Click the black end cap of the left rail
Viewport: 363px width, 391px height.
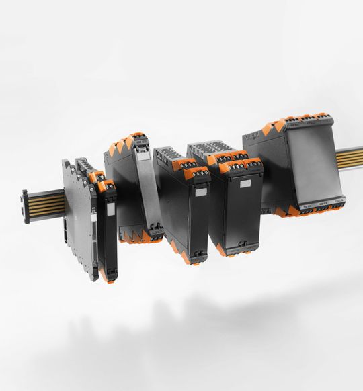[26, 206]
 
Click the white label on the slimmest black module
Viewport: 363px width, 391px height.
[110, 209]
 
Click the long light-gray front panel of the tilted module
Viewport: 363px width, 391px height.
[149, 188]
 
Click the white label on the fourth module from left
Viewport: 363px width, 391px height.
[200, 191]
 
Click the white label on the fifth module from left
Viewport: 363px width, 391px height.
[245, 183]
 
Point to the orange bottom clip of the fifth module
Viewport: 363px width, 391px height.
[223, 251]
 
